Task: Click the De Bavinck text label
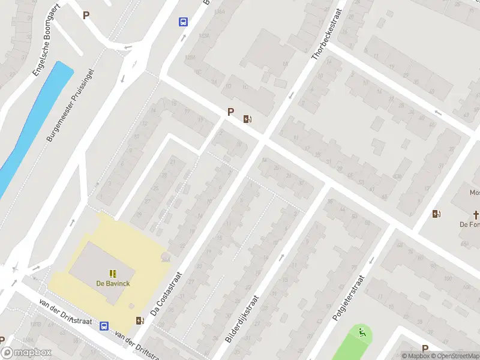113,283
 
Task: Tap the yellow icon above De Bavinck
113,274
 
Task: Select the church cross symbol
476,214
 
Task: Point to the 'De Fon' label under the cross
470,224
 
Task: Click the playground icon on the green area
362,332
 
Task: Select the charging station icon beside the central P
247,118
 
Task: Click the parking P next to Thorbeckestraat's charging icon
230,112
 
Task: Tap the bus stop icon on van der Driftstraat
104,326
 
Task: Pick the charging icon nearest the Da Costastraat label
140,320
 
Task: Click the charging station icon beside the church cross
436,214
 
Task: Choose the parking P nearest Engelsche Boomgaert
86,16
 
